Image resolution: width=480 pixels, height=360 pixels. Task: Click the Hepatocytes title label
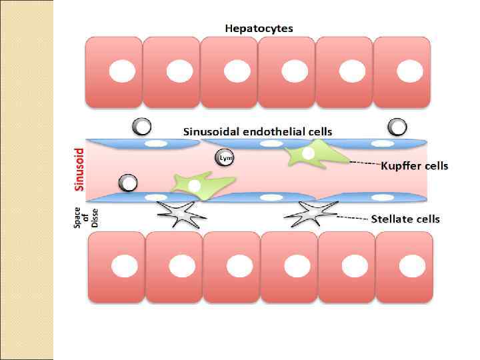pyautogui.click(x=259, y=29)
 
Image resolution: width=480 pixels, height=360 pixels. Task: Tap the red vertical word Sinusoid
pyautogui.click(x=79, y=169)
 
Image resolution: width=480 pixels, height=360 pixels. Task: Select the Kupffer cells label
pyautogui.click(x=414, y=165)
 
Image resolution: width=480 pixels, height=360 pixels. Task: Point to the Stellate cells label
pyautogui.click(x=405, y=219)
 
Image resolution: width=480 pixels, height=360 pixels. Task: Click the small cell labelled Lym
pyautogui.click(x=224, y=157)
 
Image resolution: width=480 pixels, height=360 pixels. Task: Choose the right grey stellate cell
pyautogui.click(x=311, y=214)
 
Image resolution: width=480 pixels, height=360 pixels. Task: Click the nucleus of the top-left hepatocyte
pyautogui.click(x=121, y=70)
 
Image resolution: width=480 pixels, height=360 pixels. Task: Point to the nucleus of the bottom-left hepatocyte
pyautogui.click(x=123, y=266)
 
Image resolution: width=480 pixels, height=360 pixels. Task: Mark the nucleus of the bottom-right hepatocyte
pyautogui.click(x=409, y=266)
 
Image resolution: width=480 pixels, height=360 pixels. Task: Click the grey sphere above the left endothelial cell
pyautogui.click(x=141, y=126)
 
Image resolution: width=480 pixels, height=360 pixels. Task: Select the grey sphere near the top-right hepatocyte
pyautogui.click(x=397, y=126)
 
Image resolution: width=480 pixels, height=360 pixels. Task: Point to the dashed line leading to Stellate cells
pyautogui.click(x=353, y=218)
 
